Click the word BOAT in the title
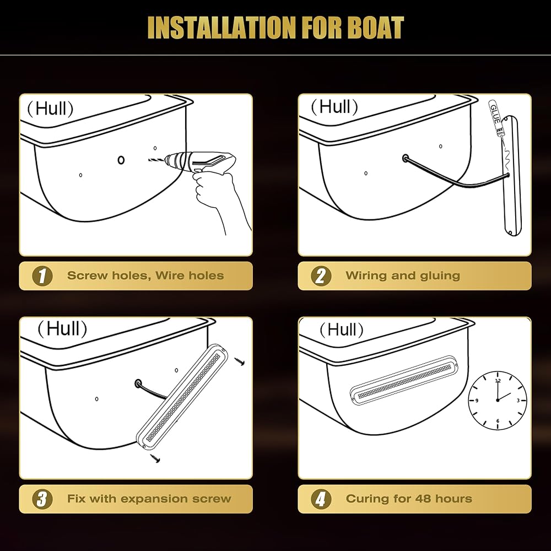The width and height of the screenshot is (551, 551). coord(377,28)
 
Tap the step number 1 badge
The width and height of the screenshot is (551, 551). coord(42,276)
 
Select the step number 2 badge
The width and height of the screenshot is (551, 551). coord(321,276)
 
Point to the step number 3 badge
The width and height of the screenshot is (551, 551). coord(42,499)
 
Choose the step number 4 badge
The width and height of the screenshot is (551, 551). coord(321,499)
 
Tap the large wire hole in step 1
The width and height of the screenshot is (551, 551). coord(121,160)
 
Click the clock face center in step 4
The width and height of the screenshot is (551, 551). coord(498,400)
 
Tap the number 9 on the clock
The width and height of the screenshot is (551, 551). coord(477,401)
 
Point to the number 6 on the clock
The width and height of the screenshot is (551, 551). coord(498,421)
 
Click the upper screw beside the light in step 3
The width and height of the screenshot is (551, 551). coord(240,361)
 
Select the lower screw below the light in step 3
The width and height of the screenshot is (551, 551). coord(155,457)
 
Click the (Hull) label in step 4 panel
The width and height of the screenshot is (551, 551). coord(341,329)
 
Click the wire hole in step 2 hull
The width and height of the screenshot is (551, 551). coord(406,158)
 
